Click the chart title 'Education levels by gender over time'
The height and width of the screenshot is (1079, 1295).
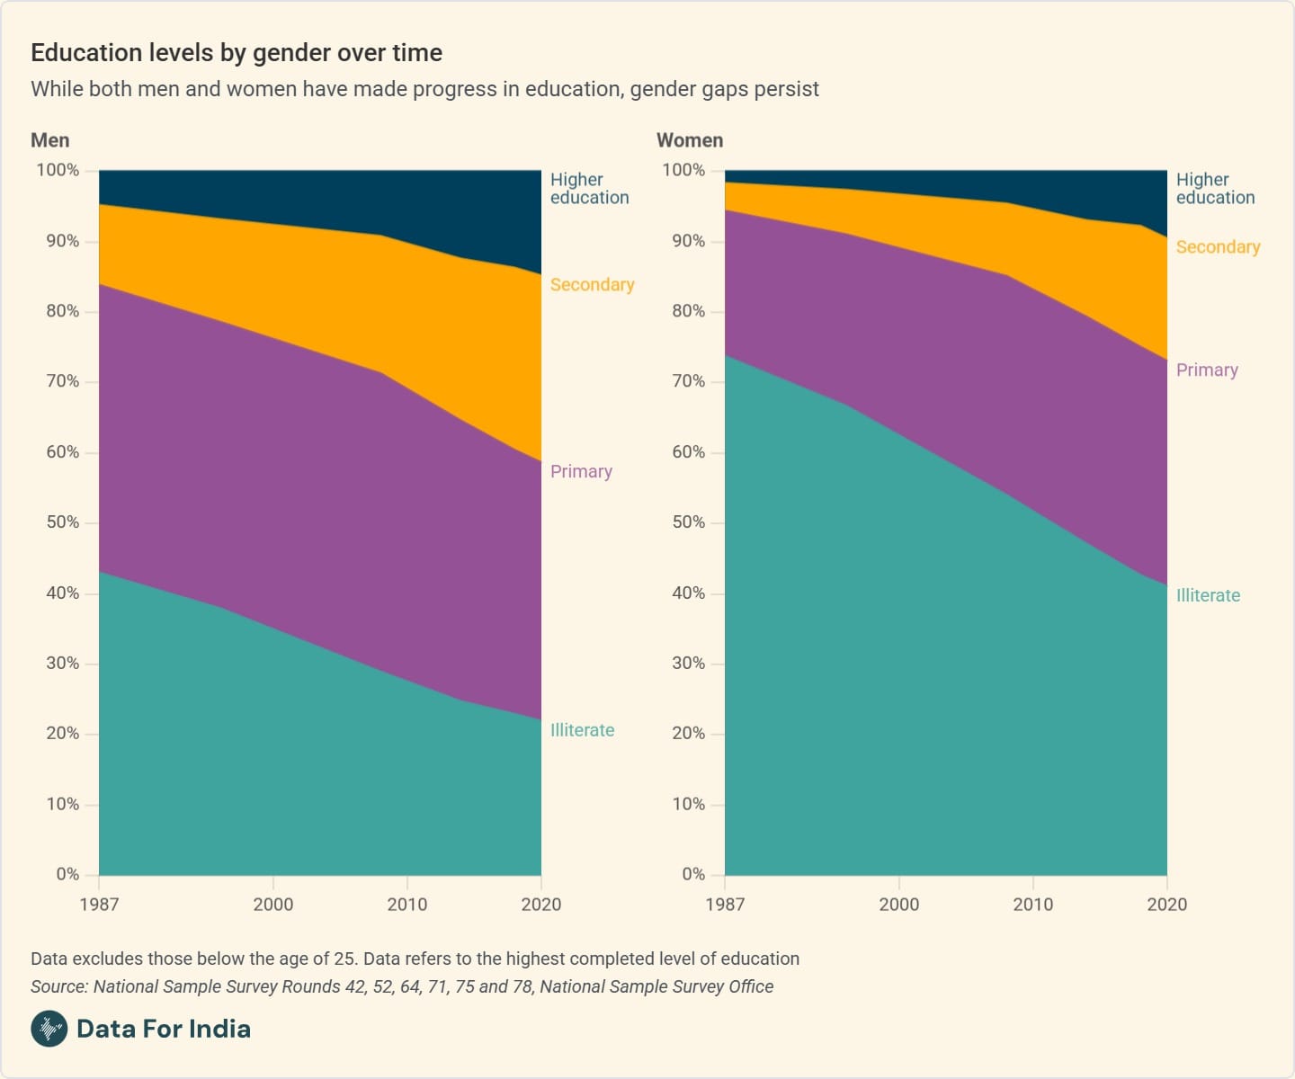tap(237, 53)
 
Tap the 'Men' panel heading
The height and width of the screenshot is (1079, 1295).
tap(50, 140)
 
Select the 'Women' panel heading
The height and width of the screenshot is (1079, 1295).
tap(690, 140)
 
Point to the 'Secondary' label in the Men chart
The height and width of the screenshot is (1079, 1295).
tap(592, 285)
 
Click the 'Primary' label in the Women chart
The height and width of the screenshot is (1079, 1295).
tap(1207, 370)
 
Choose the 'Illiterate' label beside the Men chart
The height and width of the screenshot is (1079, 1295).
tap(582, 730)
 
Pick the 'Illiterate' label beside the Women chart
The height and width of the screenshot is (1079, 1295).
tap(1208, 595)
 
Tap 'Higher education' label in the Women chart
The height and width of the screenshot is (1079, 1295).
tap(1215, 189)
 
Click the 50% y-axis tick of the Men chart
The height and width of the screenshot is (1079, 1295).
tap(63, 522)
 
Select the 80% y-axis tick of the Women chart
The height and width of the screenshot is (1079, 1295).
tap(689, 311)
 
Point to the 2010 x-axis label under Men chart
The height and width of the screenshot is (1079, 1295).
tap(407, 905)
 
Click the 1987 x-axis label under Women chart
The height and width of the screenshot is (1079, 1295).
tap(725, 905)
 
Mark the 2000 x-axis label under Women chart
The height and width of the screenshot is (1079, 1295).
tap(898, 905)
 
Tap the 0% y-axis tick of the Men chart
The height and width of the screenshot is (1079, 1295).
tap(67, 874)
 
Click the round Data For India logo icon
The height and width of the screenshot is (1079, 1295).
tap(49, 1029)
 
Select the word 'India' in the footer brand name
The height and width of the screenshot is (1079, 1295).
tap(221, 1029)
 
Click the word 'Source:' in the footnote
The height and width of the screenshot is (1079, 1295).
tap(59, 986)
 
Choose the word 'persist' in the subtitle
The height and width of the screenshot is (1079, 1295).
tap(788, 89)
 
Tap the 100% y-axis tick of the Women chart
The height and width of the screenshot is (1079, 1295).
tap(683, 170)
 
